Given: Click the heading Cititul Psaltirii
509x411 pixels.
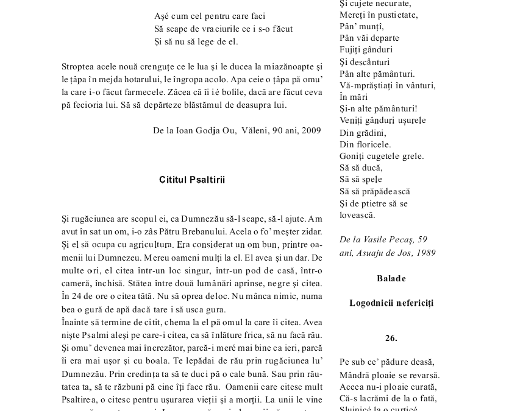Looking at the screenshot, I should click(x=192, y=180).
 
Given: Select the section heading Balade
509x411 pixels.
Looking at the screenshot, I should click(x=391, y=278).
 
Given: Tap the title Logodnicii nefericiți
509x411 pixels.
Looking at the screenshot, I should click(x=391, y=303).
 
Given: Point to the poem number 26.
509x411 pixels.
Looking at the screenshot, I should click(x=391, y=337).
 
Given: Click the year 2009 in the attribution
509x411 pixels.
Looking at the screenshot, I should click(x=311, y=130).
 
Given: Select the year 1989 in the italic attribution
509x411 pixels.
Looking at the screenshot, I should click(x=425, y=253).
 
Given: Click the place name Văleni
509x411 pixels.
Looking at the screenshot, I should click(x=255, y=130).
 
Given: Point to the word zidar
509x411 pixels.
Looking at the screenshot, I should click(x=310, y=231).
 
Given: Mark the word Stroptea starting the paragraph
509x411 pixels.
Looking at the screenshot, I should click(x=77, y=66).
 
